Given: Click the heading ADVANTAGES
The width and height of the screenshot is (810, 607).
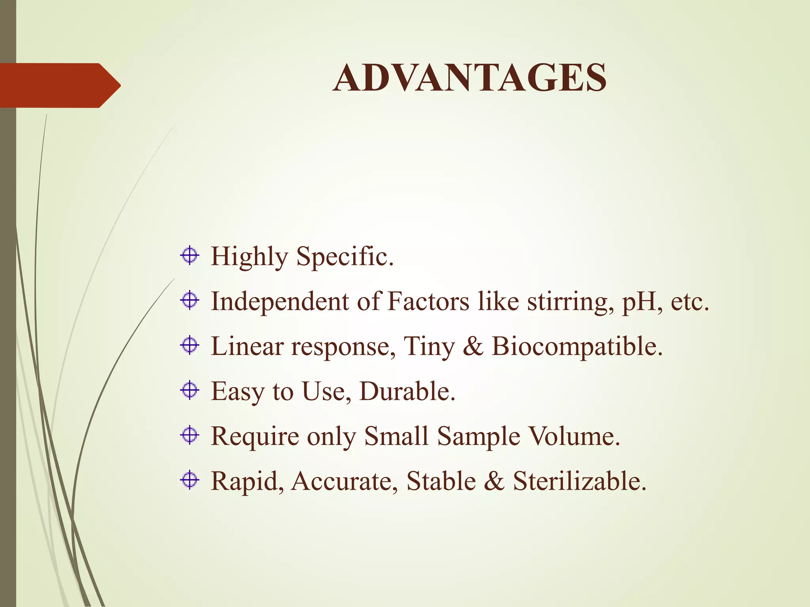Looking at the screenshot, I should click(469, 78).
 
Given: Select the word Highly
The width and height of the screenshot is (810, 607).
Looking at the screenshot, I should click(249, 257).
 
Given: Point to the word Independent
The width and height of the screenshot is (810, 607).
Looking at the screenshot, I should click(280, 302).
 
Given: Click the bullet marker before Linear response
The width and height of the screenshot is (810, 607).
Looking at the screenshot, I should click(190, 345).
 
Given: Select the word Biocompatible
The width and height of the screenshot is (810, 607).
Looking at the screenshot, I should click(577, 347).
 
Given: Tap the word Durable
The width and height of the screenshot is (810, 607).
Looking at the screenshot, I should click(407, 391).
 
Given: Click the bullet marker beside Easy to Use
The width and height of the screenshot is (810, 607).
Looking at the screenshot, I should click(190, 390).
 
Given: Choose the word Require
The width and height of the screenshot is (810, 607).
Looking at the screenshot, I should click(255, 437).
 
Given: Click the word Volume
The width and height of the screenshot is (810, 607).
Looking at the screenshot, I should click(574, 436).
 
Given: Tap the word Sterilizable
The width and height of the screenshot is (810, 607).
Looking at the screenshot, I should click(580, 481).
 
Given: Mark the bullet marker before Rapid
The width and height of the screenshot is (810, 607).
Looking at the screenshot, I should click(190, 480).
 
